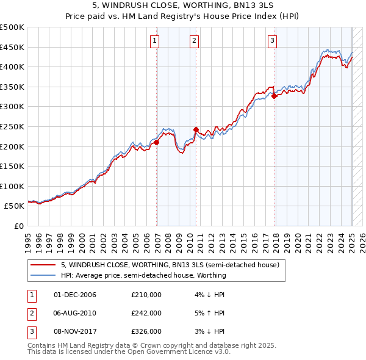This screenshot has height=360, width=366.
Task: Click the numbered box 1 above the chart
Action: point(155,41)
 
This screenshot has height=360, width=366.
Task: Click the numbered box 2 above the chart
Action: point(194,41)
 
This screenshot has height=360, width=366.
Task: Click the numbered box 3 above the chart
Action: point(272,41)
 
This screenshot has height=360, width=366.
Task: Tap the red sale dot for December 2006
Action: point(157,142)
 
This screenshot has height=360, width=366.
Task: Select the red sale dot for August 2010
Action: point(196,129)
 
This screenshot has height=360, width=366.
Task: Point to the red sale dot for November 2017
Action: point(274,96)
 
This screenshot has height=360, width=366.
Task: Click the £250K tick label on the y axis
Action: point(13,126)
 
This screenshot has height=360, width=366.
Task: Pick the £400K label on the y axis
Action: point(13,67)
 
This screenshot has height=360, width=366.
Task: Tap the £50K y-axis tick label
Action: point(15,206)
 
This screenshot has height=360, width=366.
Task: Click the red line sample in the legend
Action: point(43,265)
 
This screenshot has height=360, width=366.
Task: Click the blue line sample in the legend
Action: point(43,275)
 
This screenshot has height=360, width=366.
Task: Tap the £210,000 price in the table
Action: point(146,294)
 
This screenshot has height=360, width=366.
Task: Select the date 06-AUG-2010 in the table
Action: point(75,313)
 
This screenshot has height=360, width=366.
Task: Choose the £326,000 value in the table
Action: point(146,331)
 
